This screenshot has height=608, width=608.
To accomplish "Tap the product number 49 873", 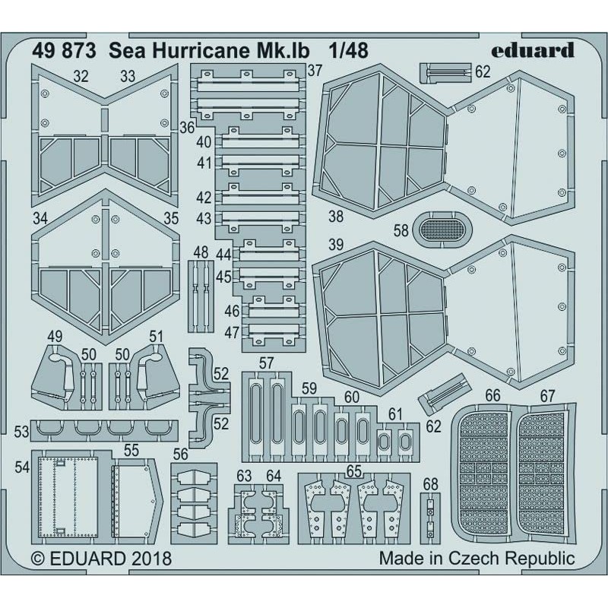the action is [x=64, y=51].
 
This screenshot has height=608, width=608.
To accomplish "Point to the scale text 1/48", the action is [x=347, y=51].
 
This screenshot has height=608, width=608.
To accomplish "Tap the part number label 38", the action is [x=335, y=216].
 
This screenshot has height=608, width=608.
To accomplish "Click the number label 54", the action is [x=21, y=469].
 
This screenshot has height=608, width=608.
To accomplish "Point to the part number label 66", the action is [x=492, y=395].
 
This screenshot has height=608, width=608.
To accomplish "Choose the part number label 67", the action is [x=549, y=395].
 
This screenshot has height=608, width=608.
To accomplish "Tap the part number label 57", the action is [x=265, y=363].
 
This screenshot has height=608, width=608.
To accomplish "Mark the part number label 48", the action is [x=201, y=252].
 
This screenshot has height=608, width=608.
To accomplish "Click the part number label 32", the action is [x=81, y=76].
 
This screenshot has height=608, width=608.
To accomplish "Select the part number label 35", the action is [x=171, y=218].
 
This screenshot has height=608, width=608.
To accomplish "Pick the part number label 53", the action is [x=21, y=431].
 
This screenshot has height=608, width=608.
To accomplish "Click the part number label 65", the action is [x=353, y=470].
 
